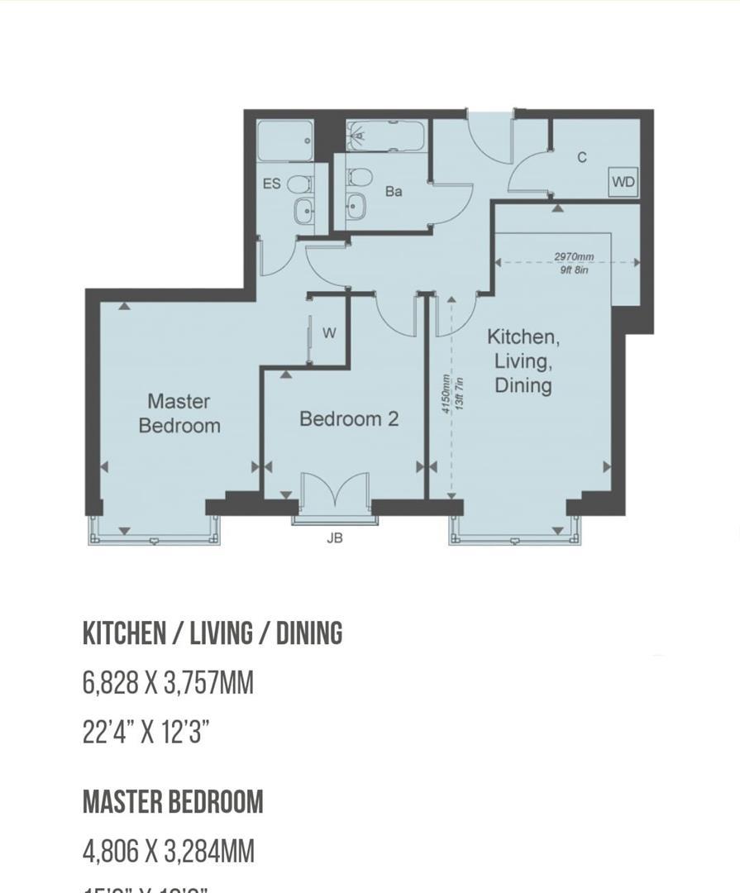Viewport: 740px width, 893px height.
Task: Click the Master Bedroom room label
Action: pos(179,413)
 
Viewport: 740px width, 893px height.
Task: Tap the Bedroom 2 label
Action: pos(348,419)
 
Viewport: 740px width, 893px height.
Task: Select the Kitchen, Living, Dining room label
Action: pos(523,361)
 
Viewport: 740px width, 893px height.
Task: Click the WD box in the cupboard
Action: pos(623,182)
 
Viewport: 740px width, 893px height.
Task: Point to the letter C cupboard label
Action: pos(582,157)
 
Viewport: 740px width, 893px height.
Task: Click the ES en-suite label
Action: pos(272,184)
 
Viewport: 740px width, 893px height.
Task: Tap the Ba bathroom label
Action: pos(394,191)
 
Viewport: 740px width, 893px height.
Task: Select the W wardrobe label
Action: pos(329,333)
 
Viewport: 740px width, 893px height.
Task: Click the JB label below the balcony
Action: pos(334,538)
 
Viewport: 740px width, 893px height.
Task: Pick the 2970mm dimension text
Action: pos(574,257)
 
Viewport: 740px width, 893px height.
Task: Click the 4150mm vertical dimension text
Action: pos(446,394)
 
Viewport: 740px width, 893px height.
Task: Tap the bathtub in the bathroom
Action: pos(385,136)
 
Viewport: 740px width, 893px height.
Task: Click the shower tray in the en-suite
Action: pos(284,141)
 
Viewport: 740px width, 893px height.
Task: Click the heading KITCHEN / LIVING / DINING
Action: pos(212,633)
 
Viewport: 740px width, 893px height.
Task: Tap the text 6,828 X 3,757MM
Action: pos(168,683)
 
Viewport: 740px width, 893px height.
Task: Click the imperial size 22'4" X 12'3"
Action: pos(146,732)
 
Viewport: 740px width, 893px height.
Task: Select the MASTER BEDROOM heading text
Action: pos(173,801)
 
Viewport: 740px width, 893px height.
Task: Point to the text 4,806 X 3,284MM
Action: pos(168,851)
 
